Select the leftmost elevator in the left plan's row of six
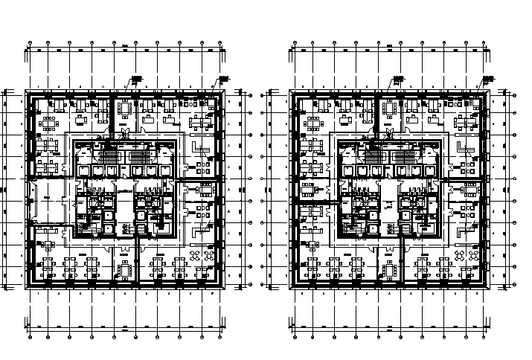pyautogui.click(x=81, y=170)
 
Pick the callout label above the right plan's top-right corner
pyautogui.click(x=487, y=78)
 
